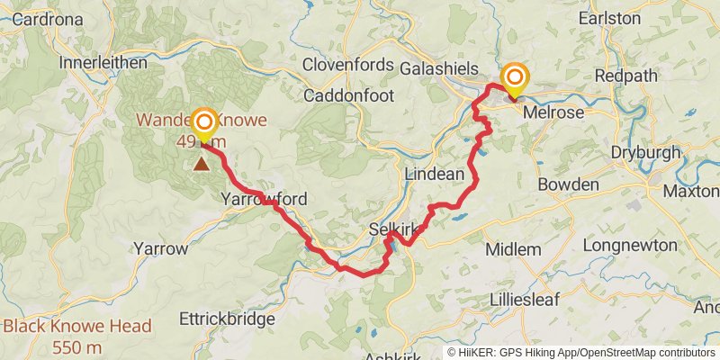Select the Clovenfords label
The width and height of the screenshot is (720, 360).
348,65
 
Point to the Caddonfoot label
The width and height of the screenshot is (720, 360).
346,94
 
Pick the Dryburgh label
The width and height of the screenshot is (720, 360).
646,152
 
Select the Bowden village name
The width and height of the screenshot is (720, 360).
568,184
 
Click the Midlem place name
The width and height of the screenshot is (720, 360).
512,248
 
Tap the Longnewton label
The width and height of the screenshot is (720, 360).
629,244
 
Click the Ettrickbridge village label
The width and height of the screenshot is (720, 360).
227,319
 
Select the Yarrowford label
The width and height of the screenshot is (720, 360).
265,199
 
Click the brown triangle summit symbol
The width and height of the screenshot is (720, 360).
200,164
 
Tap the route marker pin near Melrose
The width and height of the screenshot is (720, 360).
515,79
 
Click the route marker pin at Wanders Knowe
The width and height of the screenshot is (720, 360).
205,123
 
